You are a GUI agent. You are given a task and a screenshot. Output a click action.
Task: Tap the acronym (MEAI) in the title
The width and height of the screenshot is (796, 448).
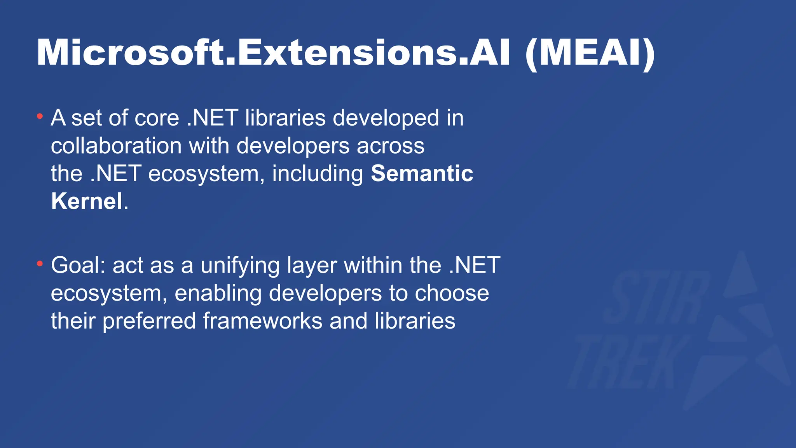pos(590,54)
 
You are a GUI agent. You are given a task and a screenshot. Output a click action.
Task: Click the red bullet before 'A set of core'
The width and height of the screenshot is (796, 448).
pos(40,116)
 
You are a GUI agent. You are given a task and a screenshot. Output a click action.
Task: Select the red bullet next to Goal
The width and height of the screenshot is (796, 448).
pos(40,264)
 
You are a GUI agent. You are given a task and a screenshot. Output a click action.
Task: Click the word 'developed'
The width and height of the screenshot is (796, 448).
pos(386,118)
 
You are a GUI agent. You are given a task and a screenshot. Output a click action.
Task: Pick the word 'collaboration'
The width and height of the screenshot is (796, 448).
pos(116,146)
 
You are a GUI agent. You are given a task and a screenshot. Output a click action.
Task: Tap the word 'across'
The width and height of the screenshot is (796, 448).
pos(390,146)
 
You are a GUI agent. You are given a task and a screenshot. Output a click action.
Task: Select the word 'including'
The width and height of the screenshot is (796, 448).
pos(318,173)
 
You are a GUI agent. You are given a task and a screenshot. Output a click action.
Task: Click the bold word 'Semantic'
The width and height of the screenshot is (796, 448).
pos(422,173)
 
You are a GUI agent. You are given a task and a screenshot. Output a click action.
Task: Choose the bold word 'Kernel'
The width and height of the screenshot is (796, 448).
pos(87,201)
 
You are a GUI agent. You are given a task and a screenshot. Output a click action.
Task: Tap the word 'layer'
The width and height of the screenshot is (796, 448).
pos(312,266)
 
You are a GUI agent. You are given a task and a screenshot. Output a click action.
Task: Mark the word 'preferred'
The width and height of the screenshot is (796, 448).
pos(149,322)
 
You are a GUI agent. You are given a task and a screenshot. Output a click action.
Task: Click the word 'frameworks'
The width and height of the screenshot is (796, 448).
pos(262,321)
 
